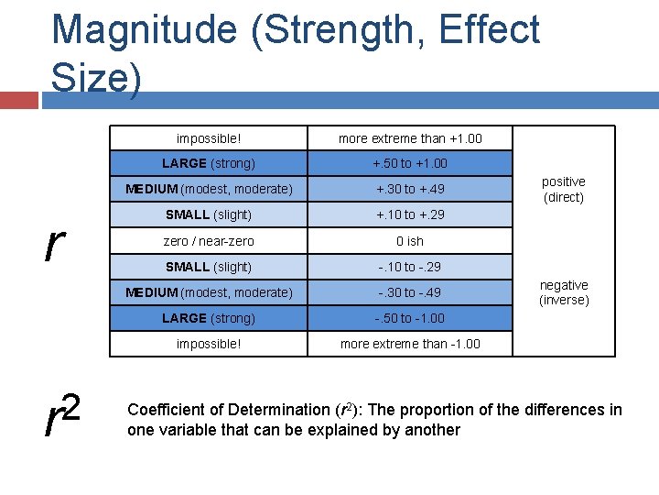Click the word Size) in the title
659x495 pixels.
[96, 77]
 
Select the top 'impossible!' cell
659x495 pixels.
[209, 138]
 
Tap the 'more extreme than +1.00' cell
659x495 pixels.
[410, 138]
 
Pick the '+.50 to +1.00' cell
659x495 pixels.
[410, 163]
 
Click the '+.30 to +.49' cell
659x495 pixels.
[410, 189]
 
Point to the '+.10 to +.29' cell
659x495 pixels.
[410, 214]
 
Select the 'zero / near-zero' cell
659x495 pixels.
[209, 241]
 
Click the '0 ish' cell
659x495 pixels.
[410, 241]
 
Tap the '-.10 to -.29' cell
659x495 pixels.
[410, 267]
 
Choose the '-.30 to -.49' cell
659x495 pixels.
[410, 292]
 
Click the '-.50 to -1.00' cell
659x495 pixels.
[410, 318]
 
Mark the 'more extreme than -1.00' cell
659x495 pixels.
[410, 344]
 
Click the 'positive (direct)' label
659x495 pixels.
[564, 189]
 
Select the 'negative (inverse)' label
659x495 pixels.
[564, 292]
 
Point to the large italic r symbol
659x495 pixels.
[55, 242]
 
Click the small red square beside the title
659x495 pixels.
[19, 99]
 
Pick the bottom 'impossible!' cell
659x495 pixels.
[209, 344]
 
